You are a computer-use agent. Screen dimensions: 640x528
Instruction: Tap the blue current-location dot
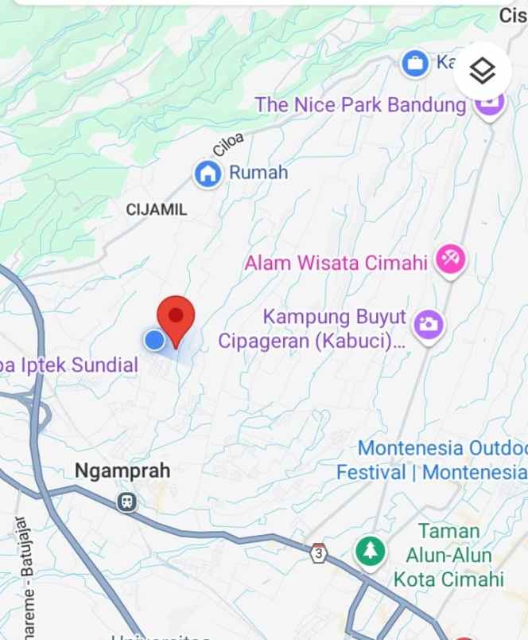(x=154, y=341)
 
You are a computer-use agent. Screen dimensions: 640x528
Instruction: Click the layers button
(x=482, y=71)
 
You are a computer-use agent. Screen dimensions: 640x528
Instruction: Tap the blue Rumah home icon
(x=208, y=173)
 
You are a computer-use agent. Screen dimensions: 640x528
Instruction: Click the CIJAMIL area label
(x=157, y=209)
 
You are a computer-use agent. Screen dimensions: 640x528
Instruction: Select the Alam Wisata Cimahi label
(x=336, y=263)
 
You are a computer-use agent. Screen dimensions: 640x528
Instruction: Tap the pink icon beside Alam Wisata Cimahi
(x=450, y=260)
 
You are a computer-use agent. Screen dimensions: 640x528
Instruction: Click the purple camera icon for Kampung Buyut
(x=429, y=325)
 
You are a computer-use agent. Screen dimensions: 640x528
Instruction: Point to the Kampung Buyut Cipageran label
(x=312, y=330)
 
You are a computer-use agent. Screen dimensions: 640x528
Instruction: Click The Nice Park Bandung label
(x=360, y=104)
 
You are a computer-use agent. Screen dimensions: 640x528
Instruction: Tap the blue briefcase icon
(x=414, y=63)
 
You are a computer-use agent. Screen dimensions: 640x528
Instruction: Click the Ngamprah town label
(x=122, y=470)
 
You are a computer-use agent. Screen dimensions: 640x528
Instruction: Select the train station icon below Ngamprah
(x=126, y=501)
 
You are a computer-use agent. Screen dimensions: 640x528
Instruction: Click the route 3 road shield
(x=319, y=552)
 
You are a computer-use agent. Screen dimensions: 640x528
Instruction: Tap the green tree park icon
(x=369, y=551)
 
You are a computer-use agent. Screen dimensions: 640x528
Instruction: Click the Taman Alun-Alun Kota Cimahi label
(x=449, y=555)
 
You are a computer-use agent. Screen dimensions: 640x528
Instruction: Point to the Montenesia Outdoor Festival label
(x=433, y=460)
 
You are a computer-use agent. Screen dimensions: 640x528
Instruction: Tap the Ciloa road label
(x=229, y=144)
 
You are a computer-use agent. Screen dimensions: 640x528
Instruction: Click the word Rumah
(x=258, y=173)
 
